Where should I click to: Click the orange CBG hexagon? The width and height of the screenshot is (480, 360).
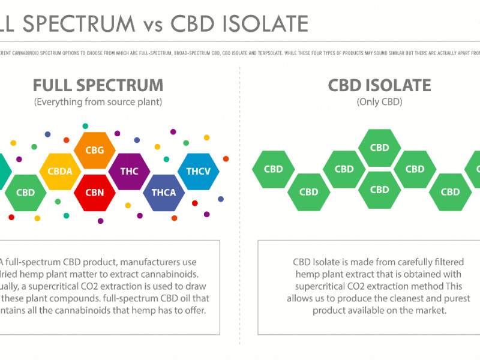95,149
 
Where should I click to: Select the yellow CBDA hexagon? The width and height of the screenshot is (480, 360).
60,171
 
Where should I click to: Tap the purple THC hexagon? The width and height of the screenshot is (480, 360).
129,171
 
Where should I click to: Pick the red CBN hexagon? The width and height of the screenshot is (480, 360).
95,193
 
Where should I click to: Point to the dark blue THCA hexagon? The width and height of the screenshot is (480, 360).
164,193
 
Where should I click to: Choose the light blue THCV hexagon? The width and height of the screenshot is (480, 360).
198,171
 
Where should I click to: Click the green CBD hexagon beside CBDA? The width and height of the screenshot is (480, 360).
25,193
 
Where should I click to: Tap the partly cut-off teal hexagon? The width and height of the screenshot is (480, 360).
4,171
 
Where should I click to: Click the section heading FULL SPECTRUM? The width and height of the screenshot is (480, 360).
98,85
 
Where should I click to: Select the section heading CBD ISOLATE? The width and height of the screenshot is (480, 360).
379,85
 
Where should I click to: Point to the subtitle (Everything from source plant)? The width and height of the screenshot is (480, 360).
98,102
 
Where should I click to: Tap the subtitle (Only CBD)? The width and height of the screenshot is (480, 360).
379,102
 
